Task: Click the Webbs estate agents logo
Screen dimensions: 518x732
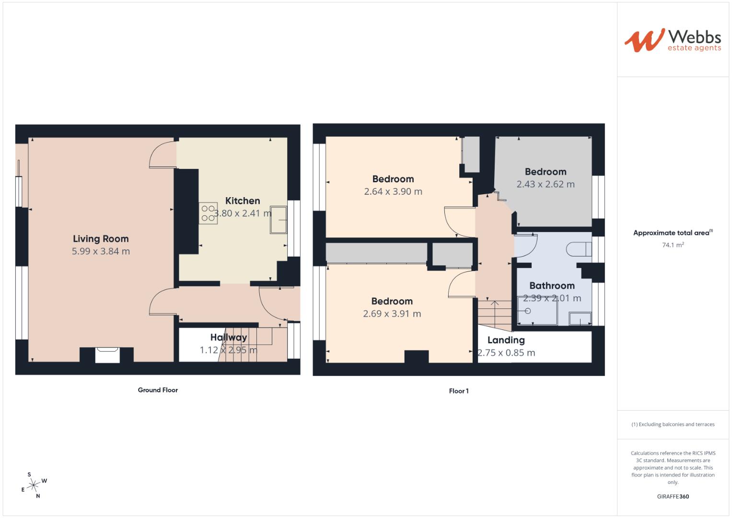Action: coord(673,40)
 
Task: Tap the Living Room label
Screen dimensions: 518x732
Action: coord(101,239)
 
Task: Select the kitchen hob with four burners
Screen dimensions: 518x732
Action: coord(208,213)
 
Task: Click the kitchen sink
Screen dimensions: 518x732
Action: coord(278,220)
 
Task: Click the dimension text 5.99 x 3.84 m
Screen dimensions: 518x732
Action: coord(101,251)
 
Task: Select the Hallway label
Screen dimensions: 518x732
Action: coord(228,338)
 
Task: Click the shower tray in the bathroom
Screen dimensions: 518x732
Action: coord(537,311)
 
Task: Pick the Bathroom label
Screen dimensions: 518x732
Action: coord(552,286)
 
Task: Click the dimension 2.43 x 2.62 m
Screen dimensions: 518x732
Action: coord(545,184)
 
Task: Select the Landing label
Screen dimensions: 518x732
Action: coord(506,341)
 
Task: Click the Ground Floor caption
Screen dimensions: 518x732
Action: coord(158,390)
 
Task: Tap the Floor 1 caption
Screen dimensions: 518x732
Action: coord(459,391)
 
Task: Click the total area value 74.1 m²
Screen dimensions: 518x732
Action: coord(673,245)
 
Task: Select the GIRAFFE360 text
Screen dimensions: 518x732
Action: coord(673,496)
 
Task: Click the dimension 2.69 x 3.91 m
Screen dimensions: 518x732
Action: coord(392,314)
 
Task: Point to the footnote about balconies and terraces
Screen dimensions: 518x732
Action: coord(673,424)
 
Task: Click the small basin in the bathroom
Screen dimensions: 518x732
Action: coord(580,319)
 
